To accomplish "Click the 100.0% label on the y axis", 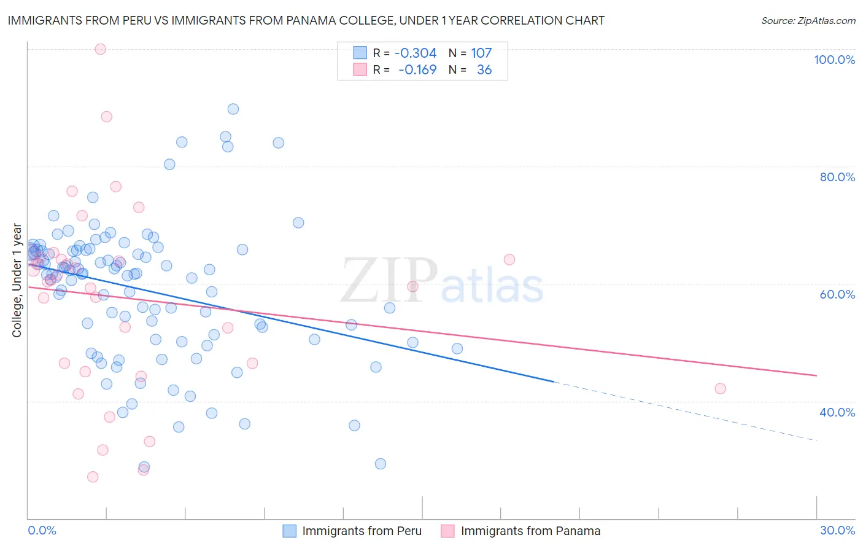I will pyautogui.click(x=834, y=60).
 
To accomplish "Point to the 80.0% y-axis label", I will pyautogui.click(x=837, y=177).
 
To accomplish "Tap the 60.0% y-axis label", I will pyautogui.click(x=837, y=294).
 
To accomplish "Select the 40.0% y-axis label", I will pyautogui.click(x=837, y=412).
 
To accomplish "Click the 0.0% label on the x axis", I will pyautogui.click(x=42, y=530).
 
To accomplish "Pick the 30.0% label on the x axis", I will pyautogui.click(x=837, y=530).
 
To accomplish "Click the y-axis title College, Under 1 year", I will pyautogui.click(x=17, y=280).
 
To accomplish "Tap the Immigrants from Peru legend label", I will pyautogui.click(x=362, y=531).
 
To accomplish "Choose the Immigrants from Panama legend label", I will pyautogui.click(x=530, y=531).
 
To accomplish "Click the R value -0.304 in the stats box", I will pyautogui.click(x=416, y=53).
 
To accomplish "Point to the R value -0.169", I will pyautogui.click(x=417, y=70).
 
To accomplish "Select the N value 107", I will pyautogui.click(x=481, y=53).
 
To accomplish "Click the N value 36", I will pyautogui.click(x=484, y=70).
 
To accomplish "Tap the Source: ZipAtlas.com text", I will pyautogui.click(x=808, y=21).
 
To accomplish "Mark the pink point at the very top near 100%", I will pyautogui.click(x=101, y=49).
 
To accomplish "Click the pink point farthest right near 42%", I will pyautogui.click(x=721, y=388).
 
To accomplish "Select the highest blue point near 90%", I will pyautogui.click(x=233, y=109).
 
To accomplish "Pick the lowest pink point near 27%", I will pyautogui.click(x=93, y=477).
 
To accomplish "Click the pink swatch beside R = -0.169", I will pyautogui.click(x=360, y=70).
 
